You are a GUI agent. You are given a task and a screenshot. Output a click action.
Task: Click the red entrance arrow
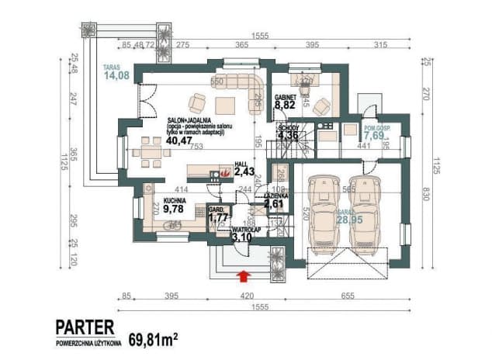(x=245, y=273)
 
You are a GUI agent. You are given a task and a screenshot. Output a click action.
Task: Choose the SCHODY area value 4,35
(x=287, y=136)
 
